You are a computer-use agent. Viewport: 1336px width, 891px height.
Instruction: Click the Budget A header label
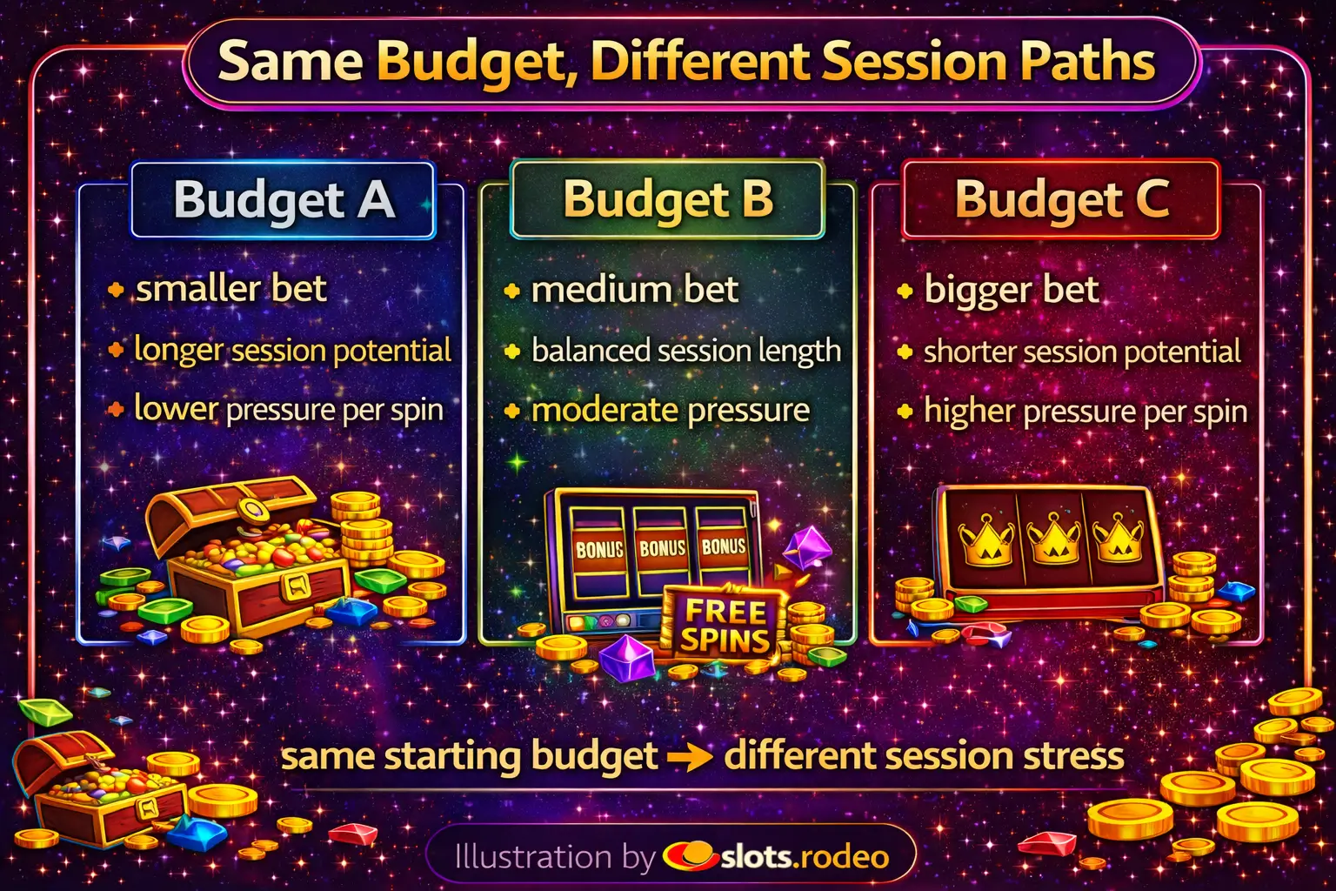tap(284, 200)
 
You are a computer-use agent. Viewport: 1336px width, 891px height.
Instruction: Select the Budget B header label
tap(668, 200)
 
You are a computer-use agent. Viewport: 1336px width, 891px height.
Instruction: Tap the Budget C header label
tap(1062, 200)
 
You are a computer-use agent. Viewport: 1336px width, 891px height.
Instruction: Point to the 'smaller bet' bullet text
tap(231, 289)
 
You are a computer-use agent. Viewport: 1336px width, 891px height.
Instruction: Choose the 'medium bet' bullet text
tap(635, 290)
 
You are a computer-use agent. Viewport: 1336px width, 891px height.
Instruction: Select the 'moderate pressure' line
tap(671, 411)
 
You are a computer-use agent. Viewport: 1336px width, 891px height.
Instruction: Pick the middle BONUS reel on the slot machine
tap(661, 549)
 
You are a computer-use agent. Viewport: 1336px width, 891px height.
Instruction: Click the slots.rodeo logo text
tap(805, 857)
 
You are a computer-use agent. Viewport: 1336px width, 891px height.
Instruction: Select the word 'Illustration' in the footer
tap(533, 857)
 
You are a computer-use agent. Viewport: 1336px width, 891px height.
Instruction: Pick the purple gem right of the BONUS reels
tap(807, 549)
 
